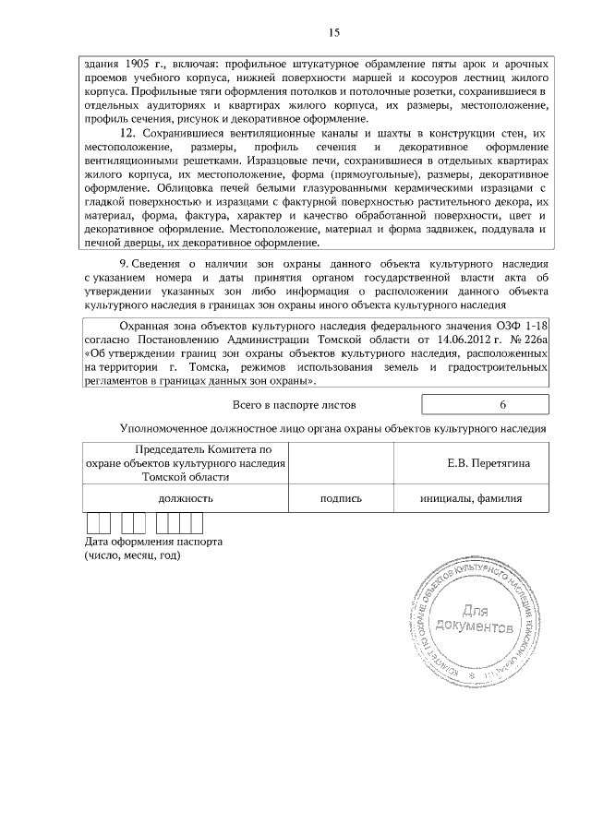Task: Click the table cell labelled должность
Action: click(186, 498)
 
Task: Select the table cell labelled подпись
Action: click(340, 498)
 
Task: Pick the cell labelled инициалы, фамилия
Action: click(471, 498)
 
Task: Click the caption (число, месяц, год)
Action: click(132, 555)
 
